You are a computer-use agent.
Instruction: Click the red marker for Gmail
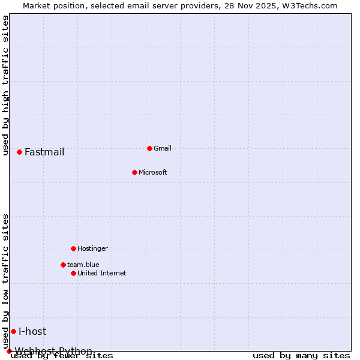(149, 148)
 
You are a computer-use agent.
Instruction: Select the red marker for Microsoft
(134, 172)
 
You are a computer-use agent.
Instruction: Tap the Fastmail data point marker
(19, 152)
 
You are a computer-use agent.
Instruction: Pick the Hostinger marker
(73, 248)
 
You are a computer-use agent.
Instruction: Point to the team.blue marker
(63, 265)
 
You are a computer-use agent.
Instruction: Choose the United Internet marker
(73, 273)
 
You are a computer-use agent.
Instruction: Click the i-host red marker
(13, 331)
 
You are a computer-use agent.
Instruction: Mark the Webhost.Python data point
(9, 351)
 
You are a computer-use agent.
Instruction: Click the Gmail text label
(163, 148)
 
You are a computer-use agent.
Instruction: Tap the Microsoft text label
(153, 172)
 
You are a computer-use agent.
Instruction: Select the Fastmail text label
(44, 152)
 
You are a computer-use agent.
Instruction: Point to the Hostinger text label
(92, 248)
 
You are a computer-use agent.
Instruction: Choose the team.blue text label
(83, 265)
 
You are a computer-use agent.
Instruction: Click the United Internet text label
(102, 273)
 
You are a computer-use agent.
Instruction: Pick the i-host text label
(32, 331)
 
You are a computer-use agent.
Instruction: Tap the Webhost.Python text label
(54, 351)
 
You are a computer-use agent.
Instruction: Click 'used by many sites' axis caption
(301, 356)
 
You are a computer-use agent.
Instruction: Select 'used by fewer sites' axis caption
(62, 356)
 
